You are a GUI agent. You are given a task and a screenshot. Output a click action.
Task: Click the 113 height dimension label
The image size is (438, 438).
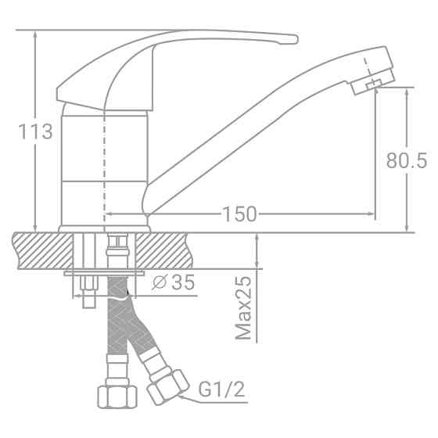pyautogui.click(x=36, y=131)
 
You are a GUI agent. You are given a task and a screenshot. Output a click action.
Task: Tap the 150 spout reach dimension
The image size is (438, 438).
pyautogui.click(x=240, y=214)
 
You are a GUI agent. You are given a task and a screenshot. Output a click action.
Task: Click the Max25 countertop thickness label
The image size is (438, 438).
pyautogui.click(x=245, y=308)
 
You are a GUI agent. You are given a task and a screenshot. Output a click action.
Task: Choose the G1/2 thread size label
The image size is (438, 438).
pyautogui.click(x=221, y=388)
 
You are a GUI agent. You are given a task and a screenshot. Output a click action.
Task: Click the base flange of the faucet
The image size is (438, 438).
pyautogui.click(x=104, y=228)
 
